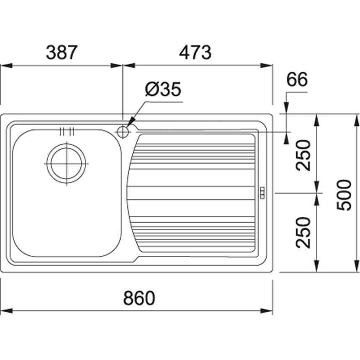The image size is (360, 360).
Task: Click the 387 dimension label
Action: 62,52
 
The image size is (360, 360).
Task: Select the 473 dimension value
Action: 195,52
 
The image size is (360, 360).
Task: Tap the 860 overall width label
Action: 139,298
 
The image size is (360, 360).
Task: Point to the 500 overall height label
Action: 345,195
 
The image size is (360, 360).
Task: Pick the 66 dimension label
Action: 298,80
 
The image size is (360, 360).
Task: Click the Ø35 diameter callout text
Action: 163,90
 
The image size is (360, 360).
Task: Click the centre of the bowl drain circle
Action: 66,163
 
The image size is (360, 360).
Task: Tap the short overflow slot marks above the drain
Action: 67,131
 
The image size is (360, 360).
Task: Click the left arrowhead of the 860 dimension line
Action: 5,311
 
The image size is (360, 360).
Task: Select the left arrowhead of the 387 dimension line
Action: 5,65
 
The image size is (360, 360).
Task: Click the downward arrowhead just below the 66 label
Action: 286,108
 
